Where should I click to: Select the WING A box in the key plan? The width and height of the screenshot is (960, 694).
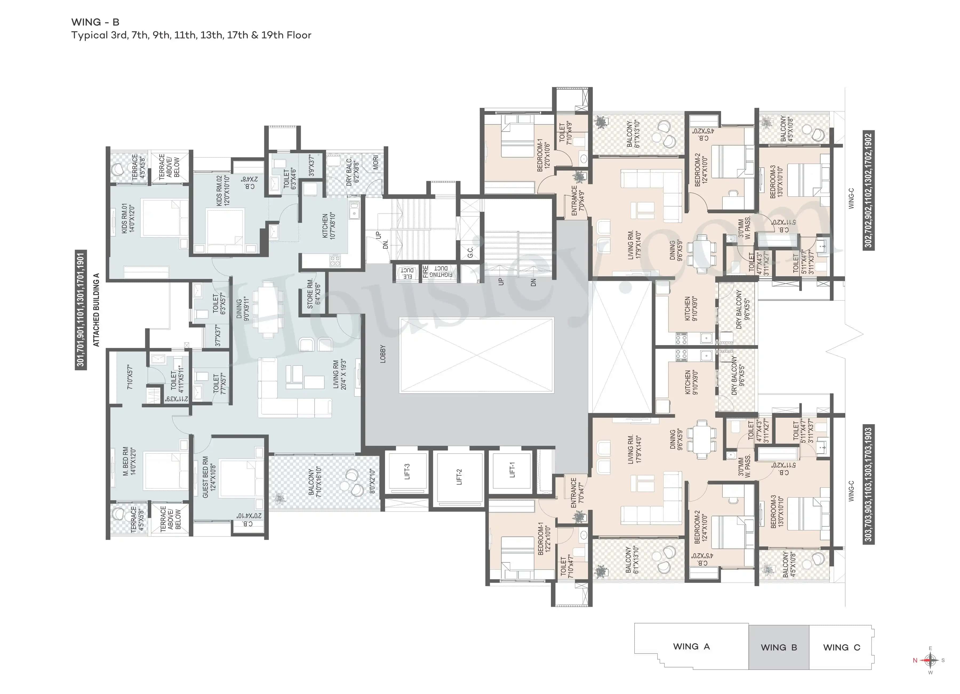691,646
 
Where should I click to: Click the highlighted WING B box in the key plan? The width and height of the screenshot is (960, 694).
779,647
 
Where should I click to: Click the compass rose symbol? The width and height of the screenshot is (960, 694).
930,660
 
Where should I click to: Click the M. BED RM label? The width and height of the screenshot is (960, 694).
129,460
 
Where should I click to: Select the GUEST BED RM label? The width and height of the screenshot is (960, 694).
209,477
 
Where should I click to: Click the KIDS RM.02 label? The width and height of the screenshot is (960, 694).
223,190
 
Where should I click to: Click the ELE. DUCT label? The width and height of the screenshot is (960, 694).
407,273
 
